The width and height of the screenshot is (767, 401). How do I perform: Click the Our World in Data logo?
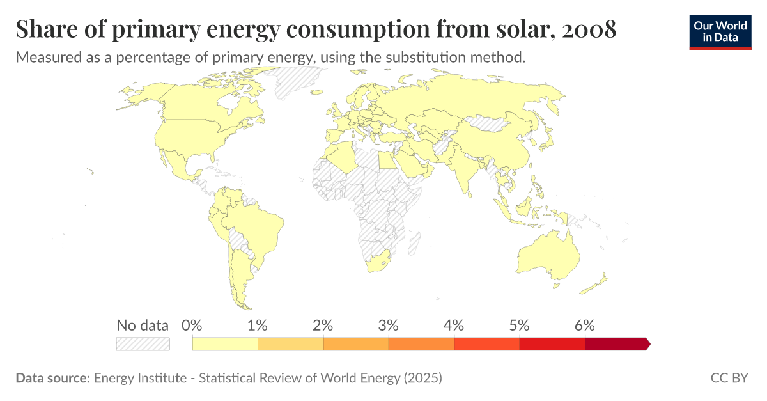720,32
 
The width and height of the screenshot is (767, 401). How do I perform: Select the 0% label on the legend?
192,325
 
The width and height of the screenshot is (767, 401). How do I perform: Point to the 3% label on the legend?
389,325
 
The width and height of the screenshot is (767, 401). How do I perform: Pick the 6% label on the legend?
585,325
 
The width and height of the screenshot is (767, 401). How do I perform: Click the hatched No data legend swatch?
143,344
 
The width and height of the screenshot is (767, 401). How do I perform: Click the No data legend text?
143,325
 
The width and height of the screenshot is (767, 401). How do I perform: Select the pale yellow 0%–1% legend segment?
225,344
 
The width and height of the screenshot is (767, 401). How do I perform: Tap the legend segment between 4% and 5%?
486,344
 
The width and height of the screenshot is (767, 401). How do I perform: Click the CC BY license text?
729,378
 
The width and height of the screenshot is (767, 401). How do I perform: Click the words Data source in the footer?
52,378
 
